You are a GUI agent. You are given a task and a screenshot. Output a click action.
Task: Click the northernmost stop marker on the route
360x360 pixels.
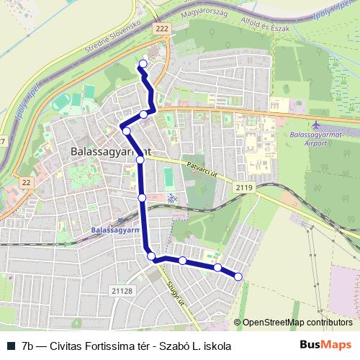click(x=143, y=64)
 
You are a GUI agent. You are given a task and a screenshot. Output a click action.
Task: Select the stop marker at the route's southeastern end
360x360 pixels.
click(x=238, y=276)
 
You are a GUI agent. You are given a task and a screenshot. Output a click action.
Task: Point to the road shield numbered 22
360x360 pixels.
click(x=26, y=183)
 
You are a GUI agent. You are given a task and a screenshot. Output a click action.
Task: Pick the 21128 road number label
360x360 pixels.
click(x=122, y=290)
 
